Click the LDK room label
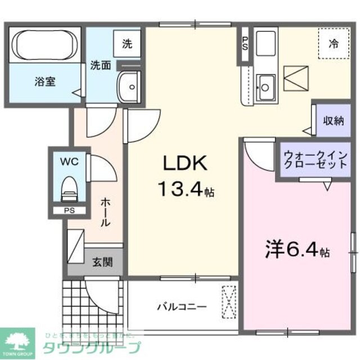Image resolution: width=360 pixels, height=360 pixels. point(186,164)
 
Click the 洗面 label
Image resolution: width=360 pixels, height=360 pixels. point(101,65)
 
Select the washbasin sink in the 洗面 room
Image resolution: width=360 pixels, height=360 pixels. point(129,87)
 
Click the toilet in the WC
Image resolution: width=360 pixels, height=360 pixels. point(69,189)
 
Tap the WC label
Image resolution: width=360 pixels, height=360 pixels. point(69,161)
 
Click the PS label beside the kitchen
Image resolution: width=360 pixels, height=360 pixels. point(245,43)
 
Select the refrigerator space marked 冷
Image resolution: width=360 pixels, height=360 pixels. point(333,44)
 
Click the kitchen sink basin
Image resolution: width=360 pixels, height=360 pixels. point(264,87)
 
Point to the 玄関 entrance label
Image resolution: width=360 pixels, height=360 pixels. point(101,262)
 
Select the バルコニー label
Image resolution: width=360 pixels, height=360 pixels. point(181,307)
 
